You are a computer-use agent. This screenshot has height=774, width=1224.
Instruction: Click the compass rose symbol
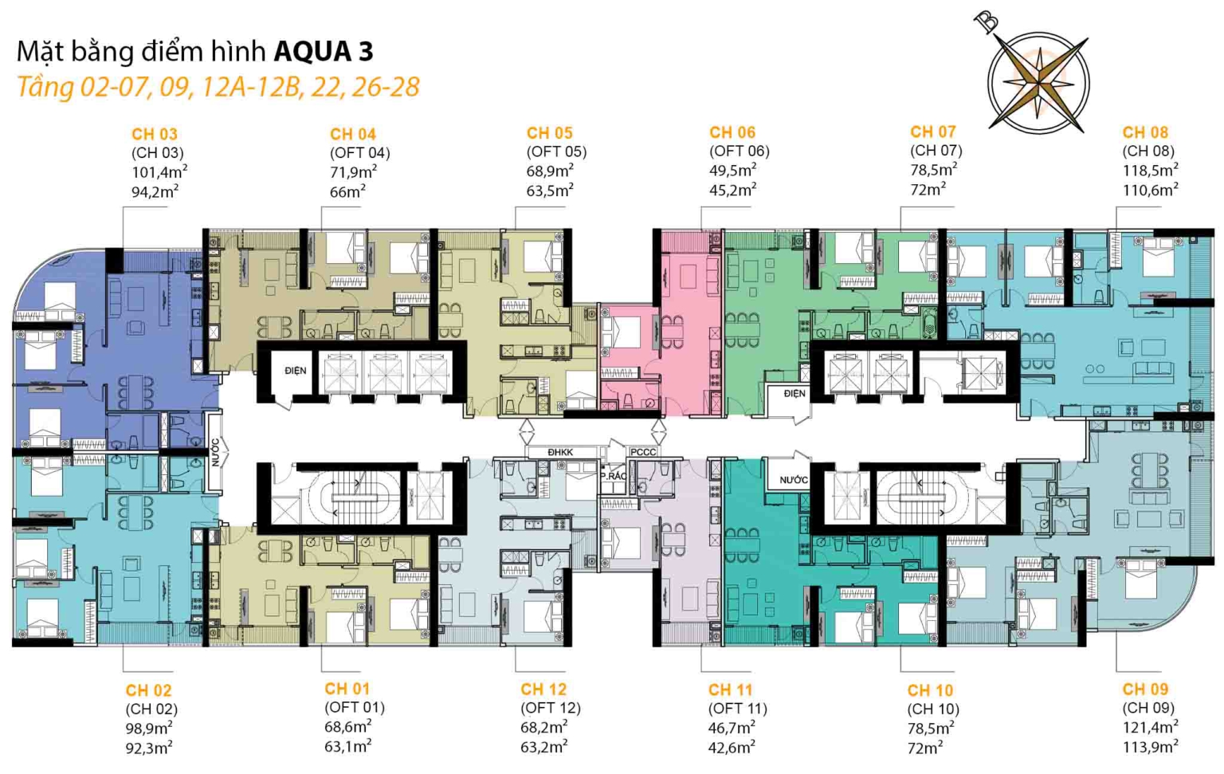pyautogui.click(x=1038, y=81)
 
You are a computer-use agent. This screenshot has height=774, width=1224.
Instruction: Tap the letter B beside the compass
pyautogui.click(x=988, y=22)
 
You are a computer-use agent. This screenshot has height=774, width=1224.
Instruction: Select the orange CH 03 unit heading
pyautogui.click(x=154, y=134)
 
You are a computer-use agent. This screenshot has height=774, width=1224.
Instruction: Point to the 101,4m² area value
pyautogui.click(x=159, y=171)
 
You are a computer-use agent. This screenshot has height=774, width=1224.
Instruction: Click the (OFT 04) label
pyautogui.click(x=359, y=152)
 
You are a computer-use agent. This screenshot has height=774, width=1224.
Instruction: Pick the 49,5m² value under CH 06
pyautogui.click(x=732, y=170)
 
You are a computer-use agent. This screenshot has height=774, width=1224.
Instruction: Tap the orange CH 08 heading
pyautogui.click(x=1144, y=132)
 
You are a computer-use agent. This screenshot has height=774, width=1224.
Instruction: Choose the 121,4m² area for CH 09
pyautogui.click(x=1149, y=727)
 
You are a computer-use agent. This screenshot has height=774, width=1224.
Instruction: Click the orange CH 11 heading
pyautogui.click(x=730, y=690)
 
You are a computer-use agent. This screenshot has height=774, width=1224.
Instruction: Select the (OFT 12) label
pyautogui.click(x=550, y=708)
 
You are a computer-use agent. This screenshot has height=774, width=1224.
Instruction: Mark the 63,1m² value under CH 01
pyautogui.click(x=347, y=746)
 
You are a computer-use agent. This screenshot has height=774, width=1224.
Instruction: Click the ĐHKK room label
pyautogui.click(x=560, y=452)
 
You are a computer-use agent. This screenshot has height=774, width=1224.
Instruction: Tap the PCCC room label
pyautogui.click(x=643, y=452)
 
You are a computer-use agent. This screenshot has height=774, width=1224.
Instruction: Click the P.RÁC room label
pyautogui.click(x=613, y=476)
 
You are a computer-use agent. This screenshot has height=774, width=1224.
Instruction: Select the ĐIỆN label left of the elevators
pyautogui.click(x=295, y=371)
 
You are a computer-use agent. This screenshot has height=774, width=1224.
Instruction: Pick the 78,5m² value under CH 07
pyautogui.click(x=932, y=170)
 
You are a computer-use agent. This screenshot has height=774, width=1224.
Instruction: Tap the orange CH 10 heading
pyautogui.click(x=929, y=690)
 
